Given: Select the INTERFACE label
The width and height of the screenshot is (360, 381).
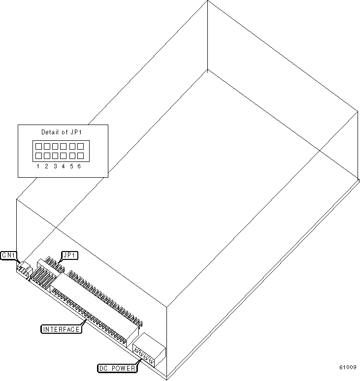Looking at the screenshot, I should pyautogui.click(x=61, y=329).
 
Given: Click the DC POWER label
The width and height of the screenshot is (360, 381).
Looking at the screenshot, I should pyautogui.click(x=116, y=368).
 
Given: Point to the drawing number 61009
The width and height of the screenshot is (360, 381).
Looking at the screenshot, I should pyautogui.click(x=348, y=367).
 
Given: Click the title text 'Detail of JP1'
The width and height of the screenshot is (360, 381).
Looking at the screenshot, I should pyautogui.click(x=62, y=132).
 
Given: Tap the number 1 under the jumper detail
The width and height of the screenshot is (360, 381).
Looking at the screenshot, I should pyautogui.click(x=38, y=166).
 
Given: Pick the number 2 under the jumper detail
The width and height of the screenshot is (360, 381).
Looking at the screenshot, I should pyautogui.click(x=46, y=166).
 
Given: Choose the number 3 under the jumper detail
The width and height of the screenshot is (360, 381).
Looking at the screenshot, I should pyautogui.click(x=55, y=166).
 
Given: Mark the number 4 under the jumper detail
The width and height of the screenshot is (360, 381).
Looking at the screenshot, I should pyautogui.click(x=63, y=166).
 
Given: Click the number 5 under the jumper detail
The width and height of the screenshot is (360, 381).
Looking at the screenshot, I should pyautogui.click(x=71, y=166).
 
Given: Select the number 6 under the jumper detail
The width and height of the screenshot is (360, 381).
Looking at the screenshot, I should pyautogui.click(x=79, y=166).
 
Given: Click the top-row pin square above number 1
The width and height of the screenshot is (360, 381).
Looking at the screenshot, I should pyautogui.click(x=38, y=146).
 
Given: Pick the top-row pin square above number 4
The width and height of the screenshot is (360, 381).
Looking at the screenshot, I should pyautogui.click(x=64, y=146).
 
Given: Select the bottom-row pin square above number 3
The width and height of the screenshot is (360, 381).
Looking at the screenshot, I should pyautogui.click(x=55, y=156).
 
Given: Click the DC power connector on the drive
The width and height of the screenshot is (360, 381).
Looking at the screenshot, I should pyautogui.click(x=149, y=349).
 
